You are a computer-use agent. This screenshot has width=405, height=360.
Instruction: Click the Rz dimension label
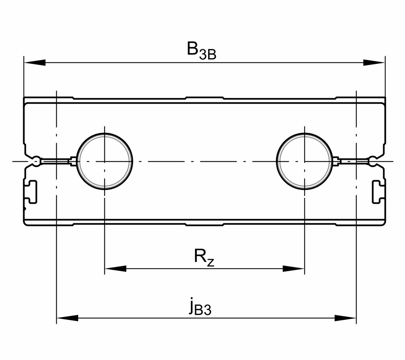[204, 258]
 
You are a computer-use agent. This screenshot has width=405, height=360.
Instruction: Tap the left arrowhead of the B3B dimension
[34, 62]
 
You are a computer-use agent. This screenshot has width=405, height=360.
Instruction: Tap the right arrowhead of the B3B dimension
[374, 62]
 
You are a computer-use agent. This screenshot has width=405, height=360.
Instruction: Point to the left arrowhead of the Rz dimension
[115, 268]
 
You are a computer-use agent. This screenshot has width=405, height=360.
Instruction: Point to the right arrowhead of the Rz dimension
[294, 268]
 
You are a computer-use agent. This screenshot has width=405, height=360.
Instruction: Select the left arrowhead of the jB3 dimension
[67, 318]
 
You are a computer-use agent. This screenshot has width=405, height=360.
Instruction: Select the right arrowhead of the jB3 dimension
[345, 318]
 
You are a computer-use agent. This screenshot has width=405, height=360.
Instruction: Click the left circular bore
[105, 161]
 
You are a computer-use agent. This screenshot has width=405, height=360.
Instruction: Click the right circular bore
[305, 161]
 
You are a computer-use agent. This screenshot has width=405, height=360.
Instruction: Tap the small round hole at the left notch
[36, 161]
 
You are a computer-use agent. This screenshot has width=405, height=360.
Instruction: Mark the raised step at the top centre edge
[205, 98]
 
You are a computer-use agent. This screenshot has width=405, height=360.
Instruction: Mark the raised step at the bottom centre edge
[205, 225]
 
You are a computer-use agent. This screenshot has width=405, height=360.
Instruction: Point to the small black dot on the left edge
[25, 209]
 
